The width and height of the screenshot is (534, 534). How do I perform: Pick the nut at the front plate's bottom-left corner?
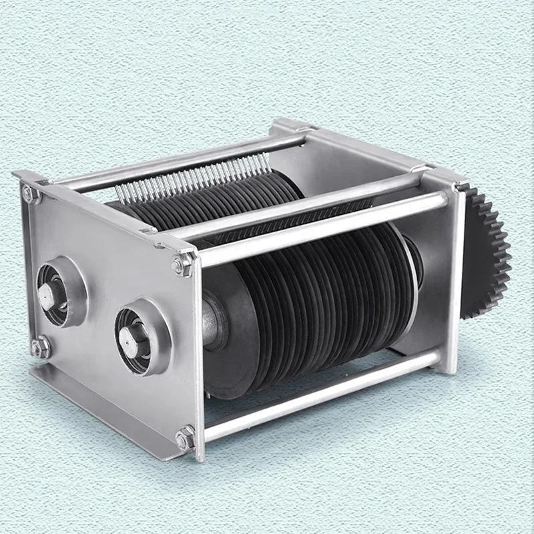(40, 346)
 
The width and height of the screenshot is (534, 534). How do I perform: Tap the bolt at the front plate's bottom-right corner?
(183, 439)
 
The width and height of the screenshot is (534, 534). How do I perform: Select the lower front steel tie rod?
(320, 398)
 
